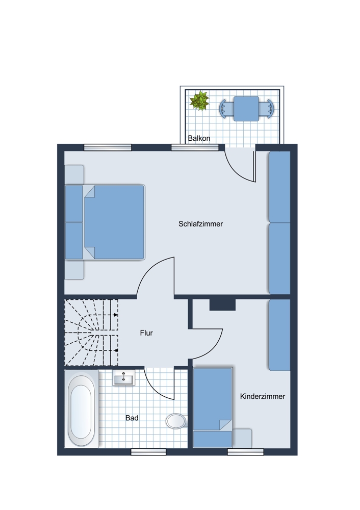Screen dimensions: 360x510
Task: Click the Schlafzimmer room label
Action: point(200,224)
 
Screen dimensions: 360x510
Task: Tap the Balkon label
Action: point(199,138)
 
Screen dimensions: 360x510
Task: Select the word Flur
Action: point(146,333)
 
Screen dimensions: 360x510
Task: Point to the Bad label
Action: point(132,418)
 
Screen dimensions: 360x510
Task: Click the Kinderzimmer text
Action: point(263,396)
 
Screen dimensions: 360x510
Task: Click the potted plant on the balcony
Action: point(199,101)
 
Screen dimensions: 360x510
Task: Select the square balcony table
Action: point(246,109)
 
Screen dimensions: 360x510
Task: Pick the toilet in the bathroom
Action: point(176,421)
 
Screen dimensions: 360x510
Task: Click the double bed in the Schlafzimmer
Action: point(105,222)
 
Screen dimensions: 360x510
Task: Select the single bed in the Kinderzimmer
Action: point(213,407)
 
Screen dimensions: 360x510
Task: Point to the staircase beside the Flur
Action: point(91,333)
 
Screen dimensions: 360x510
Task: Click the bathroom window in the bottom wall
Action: point(148,452)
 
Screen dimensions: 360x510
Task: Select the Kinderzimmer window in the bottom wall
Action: point(246,452)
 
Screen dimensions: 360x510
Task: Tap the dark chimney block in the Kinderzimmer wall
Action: point(222,304)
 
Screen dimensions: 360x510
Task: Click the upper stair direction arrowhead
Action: point(116,315)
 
